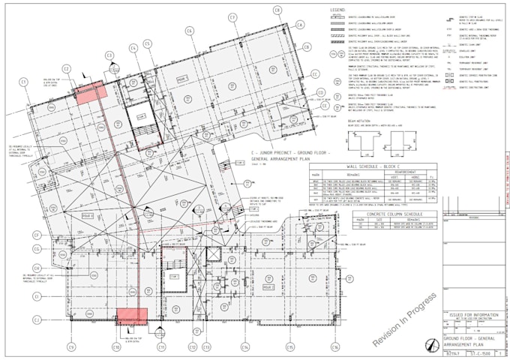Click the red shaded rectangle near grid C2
coord(91,92)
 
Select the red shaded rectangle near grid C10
coord(129,316)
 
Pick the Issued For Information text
coord(473,313)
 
